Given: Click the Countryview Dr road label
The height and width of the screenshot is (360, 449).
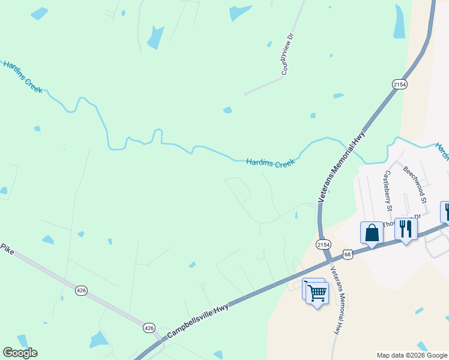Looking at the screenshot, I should point(289,54).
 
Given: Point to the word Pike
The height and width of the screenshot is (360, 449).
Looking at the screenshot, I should point(7,248).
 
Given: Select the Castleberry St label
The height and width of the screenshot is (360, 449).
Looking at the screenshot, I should point(388,191).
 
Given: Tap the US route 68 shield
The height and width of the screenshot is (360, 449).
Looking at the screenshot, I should point(348,255).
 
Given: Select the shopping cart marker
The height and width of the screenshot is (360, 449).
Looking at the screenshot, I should point(316,293).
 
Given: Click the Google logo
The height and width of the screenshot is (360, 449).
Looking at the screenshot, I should point(20,353).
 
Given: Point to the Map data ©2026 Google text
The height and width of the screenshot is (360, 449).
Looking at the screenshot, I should point(411,355).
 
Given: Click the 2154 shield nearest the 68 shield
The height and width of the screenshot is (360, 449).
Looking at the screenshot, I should point(323,244).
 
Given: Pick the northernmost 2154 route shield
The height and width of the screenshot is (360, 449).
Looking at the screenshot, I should point(400,85).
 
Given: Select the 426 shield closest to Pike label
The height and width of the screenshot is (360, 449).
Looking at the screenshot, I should point(82,290).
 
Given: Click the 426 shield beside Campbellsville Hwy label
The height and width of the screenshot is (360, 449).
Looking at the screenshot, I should point(149,328).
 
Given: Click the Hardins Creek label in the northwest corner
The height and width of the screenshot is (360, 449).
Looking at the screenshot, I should point(22,76).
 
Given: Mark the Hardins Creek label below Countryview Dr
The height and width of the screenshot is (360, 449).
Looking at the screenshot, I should point(271,162).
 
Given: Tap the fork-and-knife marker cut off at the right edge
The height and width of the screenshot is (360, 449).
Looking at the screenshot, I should point(446,211).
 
